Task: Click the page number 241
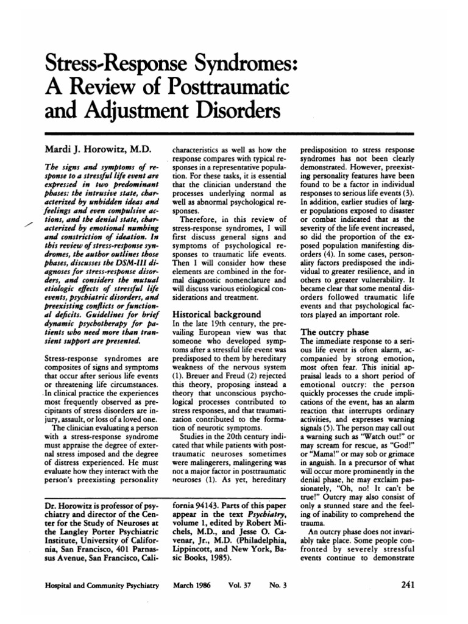[409, 586]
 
